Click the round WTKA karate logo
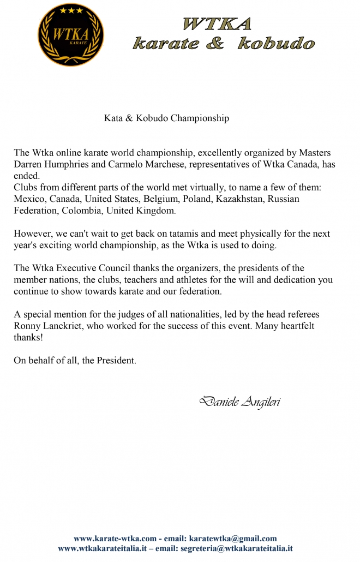pyautogui.click(x=70, y=34)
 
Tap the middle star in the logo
pyautogui.click(x=70, y=10)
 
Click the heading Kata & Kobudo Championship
pyautogui.click(x=166, y=118)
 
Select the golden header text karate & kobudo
pyautogui.click(x=224, y=44)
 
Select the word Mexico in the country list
pyautogui.click(x=29, y=199)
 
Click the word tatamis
pyautogui.click(x=172, y=234)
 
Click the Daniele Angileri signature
pyautogui.click(x=241, y=403)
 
